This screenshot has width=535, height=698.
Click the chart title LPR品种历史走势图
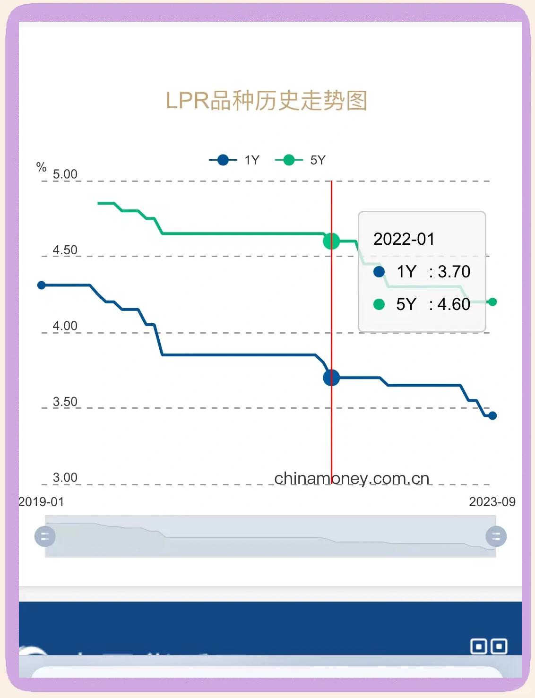(267, 101)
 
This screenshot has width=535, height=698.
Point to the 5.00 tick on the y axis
(65, 174)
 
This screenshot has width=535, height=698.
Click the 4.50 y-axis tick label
(65, 250)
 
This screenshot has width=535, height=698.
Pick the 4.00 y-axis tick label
(65, 326)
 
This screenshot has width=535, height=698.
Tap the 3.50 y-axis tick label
(65, 402)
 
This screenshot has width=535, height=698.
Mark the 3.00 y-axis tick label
(65, 478)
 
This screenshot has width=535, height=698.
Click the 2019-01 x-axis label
(41, 502)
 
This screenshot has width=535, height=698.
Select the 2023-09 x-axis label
(492, 502)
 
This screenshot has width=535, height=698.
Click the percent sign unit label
(41, 167)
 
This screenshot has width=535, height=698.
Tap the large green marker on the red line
(331, 241)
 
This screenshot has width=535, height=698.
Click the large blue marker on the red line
(331, 378)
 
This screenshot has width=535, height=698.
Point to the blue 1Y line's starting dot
(42, 285)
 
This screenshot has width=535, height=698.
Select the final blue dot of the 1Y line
(492, 416)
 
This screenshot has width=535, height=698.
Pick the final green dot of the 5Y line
(492, 302)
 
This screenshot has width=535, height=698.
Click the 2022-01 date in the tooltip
(404, 239)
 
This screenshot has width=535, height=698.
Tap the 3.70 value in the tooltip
(454, 272)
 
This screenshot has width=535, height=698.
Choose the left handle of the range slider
(45, 536)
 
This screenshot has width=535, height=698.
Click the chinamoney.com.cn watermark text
(352, 478)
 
